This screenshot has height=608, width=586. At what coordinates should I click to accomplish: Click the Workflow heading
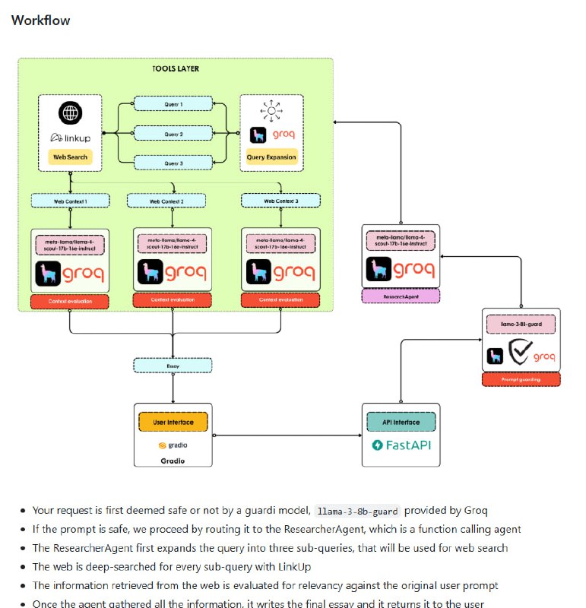[x=40, y=21]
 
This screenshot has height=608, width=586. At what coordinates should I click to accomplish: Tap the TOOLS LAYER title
[x=176, y=69]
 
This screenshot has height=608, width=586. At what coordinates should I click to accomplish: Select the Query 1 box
[x=173, y=104]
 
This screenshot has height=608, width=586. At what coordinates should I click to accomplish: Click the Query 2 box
[x=173, y=133]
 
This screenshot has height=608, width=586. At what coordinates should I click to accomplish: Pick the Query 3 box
[x=173, y=162]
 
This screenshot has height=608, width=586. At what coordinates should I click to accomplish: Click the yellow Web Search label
[x=70, y=157]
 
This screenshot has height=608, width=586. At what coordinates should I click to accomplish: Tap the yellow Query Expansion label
[x=271, y=157]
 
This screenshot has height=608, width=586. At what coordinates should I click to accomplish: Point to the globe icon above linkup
[x=70, y=113]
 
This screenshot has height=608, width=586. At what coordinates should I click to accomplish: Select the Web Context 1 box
[x=70, y=201]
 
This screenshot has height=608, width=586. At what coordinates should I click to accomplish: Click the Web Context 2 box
[x=166, y=201]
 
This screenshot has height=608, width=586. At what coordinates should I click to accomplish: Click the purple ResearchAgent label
[x=401, y=296]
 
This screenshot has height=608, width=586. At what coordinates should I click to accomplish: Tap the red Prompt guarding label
[x=521, y=379]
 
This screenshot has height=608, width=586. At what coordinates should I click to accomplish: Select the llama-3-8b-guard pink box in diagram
[x=521, y=325]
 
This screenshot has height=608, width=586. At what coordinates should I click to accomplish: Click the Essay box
[x=173, y=365]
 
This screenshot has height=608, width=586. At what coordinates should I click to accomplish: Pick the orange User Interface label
[x=173, y=422]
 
